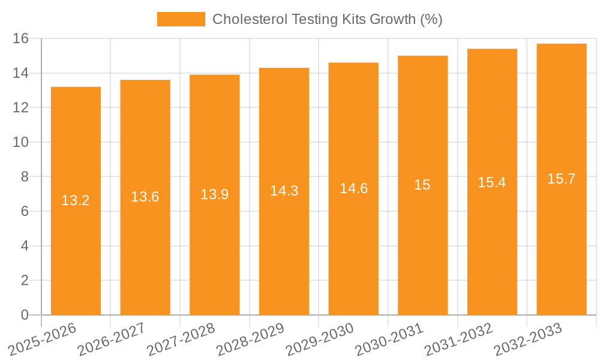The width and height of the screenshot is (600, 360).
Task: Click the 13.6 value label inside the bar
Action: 145,197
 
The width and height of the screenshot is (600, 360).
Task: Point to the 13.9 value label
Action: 215,194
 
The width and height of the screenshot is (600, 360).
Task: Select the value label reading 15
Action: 422,185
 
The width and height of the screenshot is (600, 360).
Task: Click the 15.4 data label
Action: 492,182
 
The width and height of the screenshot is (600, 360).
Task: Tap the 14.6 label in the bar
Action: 353,188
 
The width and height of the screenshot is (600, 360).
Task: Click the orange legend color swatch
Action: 181,19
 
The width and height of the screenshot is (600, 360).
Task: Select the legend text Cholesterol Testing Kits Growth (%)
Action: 328,19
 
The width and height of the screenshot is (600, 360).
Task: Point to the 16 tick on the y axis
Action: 21,38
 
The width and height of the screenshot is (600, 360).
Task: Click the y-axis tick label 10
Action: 21,142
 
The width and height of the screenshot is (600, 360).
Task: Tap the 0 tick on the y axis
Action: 25,315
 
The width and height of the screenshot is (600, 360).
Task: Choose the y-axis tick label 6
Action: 25,211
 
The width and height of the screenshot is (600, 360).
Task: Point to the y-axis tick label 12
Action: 21,107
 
